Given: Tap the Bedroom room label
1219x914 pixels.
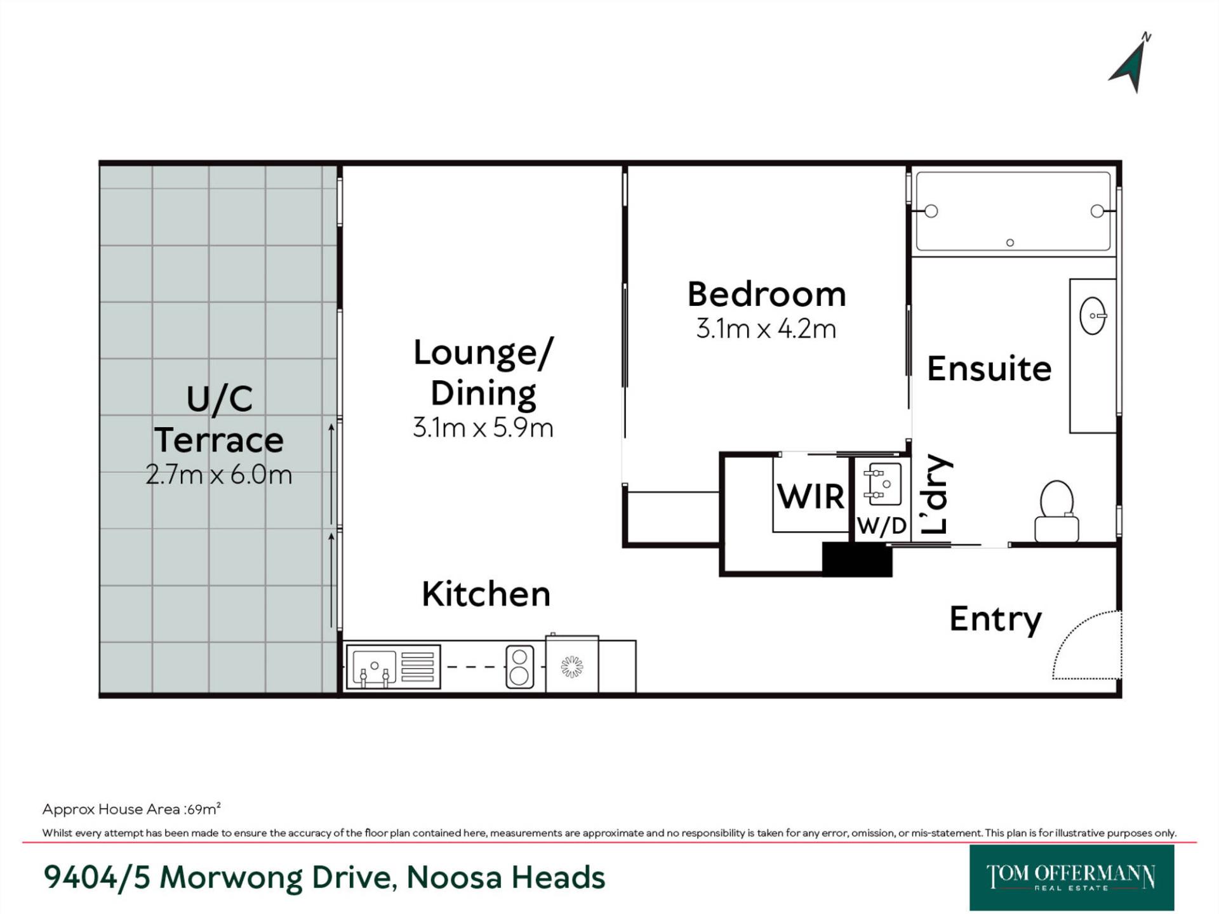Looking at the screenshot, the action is point(767,295).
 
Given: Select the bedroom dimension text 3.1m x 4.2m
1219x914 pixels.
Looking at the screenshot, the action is point(766,329).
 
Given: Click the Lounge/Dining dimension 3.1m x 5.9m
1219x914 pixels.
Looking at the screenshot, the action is point(483,428).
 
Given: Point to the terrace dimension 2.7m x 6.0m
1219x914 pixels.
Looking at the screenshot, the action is point(219,474).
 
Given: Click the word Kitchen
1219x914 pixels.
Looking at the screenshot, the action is point(486,594).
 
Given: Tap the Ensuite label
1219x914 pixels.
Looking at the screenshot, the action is point(989,369).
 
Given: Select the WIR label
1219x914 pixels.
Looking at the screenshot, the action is point(811,496).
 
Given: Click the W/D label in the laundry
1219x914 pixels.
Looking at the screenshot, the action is point(882,526).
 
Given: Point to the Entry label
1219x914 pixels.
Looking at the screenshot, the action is point(995,619).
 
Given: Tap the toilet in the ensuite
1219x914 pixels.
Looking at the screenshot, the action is point(1056,511).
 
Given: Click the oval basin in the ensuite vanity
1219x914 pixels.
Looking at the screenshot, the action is point(1093,315).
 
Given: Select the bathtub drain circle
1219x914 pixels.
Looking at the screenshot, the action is point(1010,242).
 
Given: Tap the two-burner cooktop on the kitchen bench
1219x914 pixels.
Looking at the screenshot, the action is point(519,667).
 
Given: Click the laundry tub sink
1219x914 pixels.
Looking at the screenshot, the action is point(883,484).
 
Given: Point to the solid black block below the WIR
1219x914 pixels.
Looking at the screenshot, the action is point(857,559).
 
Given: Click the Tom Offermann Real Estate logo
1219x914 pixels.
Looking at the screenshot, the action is point(1072,878).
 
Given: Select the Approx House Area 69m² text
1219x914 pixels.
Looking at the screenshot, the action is point(131,809).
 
